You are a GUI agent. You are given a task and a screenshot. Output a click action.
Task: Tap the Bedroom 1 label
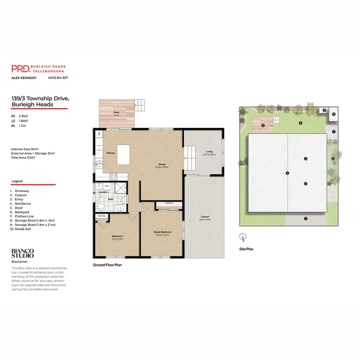click(x=118, y=237)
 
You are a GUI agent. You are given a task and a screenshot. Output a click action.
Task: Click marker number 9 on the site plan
click(x=334, y=114)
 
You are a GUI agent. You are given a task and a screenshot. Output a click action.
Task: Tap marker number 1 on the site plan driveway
click(x=305, y=218)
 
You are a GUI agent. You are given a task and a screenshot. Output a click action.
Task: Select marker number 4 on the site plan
click(x=288, y=173)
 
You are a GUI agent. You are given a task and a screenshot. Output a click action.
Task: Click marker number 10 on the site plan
click(x=332, y=158)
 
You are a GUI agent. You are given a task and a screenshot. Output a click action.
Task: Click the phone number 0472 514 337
click(x=58, y=78)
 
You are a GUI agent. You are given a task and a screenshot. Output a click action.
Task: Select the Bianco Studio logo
click(x=23, y=253)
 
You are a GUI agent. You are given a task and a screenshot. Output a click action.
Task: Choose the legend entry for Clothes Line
click(x=22, y=216)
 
